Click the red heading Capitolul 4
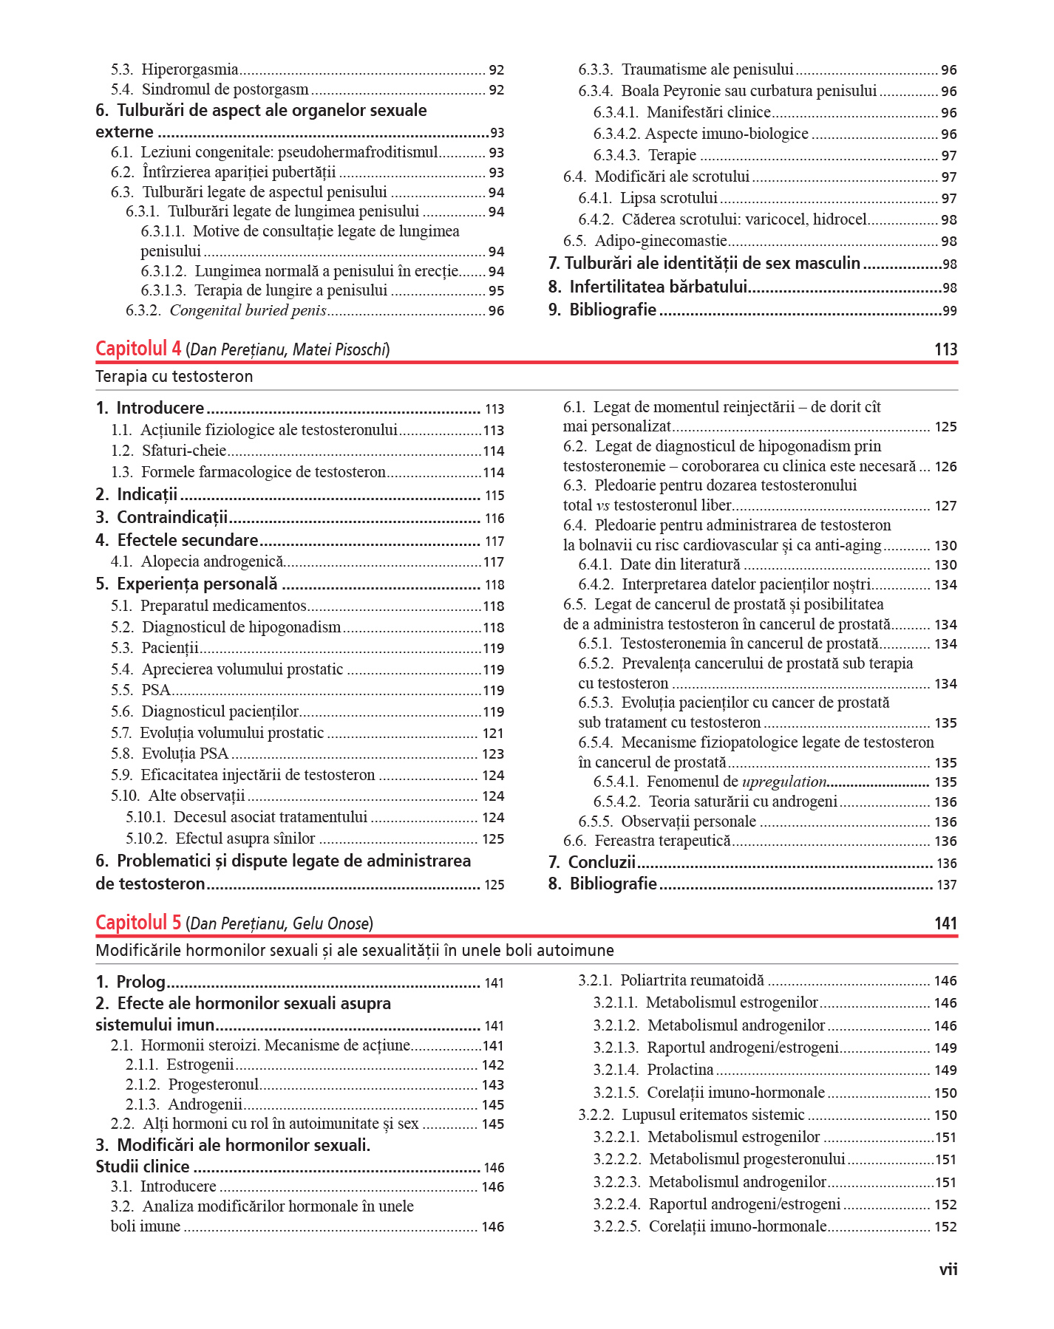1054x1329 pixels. [x=138, y=349]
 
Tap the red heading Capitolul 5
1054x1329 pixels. [x=138, y=923]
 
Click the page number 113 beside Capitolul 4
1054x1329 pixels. [x=945, y=349]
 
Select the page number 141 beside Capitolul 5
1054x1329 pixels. [x=945, y=923]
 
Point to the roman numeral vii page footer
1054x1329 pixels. [x=948, y=1269]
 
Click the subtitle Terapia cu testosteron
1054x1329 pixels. [x=174, y=377]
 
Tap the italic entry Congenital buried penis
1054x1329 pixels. [x=248, y=310]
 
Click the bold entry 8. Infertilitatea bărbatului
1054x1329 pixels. [x=658, y=287]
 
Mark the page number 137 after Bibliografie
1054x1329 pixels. [x=946, y=884]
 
